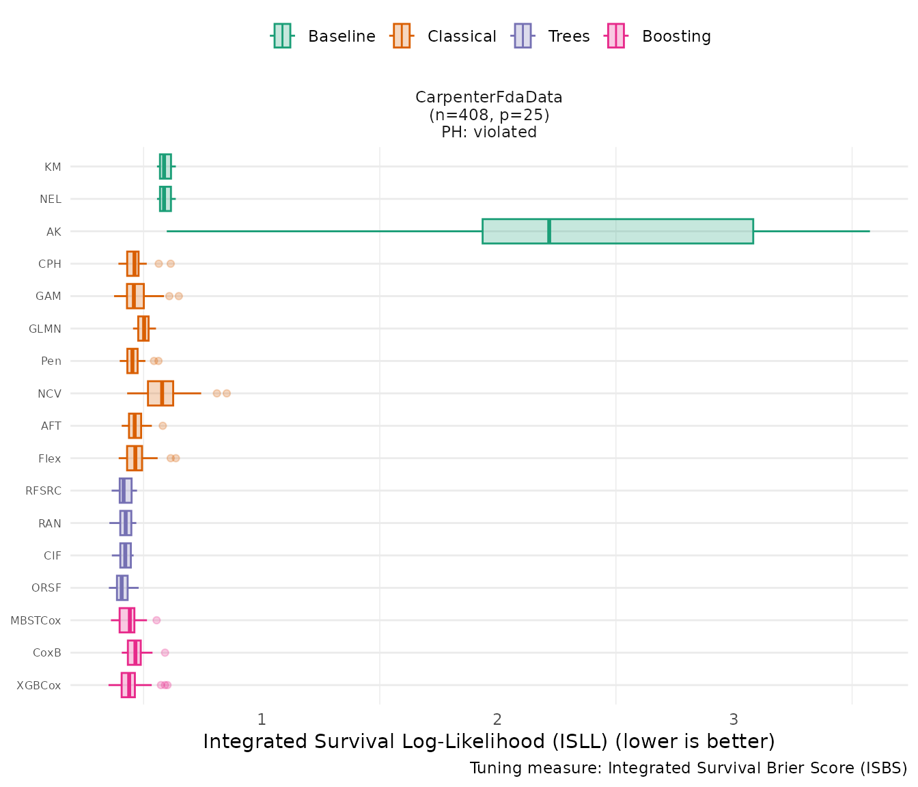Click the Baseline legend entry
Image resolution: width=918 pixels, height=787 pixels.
[x=323, y=36]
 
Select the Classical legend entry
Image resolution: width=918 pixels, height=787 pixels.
[x=444, y=36]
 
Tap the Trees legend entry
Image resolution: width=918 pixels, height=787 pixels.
[x=551, y=36]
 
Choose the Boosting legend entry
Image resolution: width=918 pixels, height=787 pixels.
[x=659, y=36]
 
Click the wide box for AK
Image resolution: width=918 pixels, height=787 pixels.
[x=617, y=231]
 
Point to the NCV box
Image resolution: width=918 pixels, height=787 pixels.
[x=161, y=393]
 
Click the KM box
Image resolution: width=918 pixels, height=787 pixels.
[x=165, y=166]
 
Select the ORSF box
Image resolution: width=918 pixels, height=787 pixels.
[x=122, y=588]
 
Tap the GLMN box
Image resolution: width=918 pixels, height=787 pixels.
[x=143, y=329]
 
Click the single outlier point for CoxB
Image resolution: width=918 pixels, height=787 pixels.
[x=165, y=652]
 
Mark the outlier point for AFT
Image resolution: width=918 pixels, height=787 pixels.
[x=163, y=426]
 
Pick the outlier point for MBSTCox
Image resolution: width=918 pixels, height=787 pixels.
[x=156, y=620]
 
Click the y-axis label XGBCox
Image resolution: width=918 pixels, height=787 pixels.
[x=39, y=685]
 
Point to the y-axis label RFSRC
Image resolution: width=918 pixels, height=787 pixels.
[x=43, y=491]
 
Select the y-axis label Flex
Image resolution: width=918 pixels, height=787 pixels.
[x=50, y=458]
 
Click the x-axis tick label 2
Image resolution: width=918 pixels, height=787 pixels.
[x=497, y=719]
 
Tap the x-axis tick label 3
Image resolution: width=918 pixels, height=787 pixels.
[x=734, y=719]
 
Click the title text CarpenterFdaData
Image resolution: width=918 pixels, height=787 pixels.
[x=489, y=98]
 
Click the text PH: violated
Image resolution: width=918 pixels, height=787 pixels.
[x=489, y=132]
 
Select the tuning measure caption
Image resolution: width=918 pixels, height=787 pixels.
[x=688, y=768]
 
